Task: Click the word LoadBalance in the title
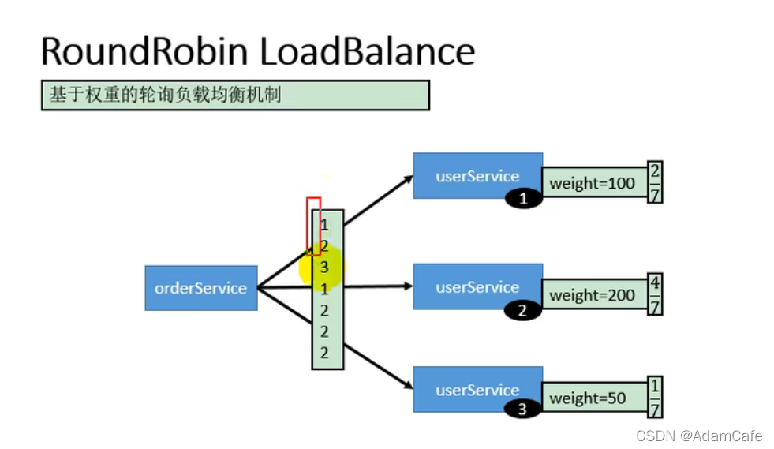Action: pyautogui.click(x=367, y=51)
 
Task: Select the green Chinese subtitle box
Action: pyautogui.click(x=235, y=95)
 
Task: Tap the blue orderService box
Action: pyautogui.click(x=201, y=288)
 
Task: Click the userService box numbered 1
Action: pyautogui.click(x=477, y=175)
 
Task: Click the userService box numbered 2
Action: pyautogui.click(x=477, y=287)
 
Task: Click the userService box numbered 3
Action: pyautogui.click(x=477, y=389)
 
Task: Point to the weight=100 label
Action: pyautogui.click(x=593, y=183)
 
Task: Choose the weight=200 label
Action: pyautogui.click(x=593, y=296)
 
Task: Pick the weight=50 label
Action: pyautogui.click(x=588, y=398)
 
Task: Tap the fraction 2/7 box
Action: pyautogui.click(x=655, y=182)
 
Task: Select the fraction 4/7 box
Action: pyautogui.click(x=655, y=295)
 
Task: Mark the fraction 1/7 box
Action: pyautogui.click(x=655, y=398)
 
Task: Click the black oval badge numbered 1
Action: pyautogui.click(x=524, y=199)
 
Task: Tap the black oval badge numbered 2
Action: pyautogui.click(x=522, y=311)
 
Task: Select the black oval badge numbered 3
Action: pyautogui.click(x=522, y=410)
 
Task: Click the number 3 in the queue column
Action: pyautogui.click(x=324, y=268)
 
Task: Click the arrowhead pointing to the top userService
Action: pyautogui.click(x=409, y=178)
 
